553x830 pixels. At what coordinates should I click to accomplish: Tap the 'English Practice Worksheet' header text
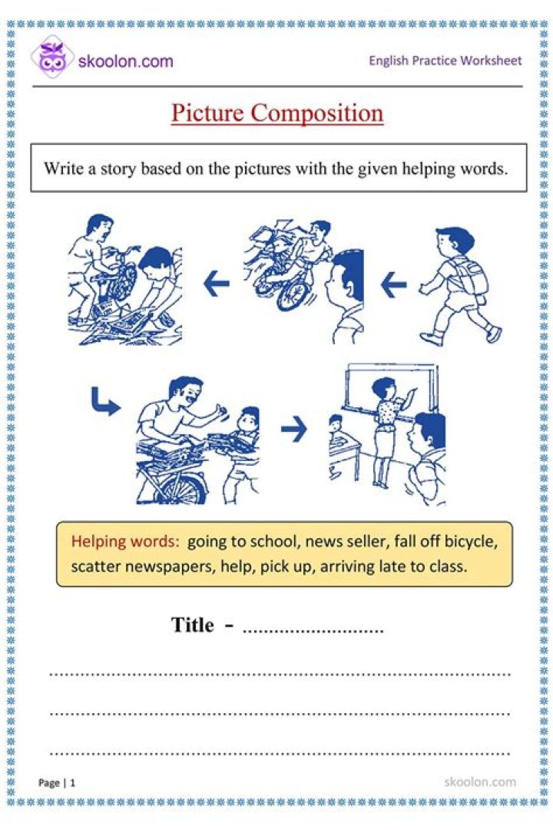click(x=445, y=60)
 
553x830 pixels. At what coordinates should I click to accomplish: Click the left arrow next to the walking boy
click(x=393, y=286)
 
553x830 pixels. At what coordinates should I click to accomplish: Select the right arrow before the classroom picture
click(x=293, y=430)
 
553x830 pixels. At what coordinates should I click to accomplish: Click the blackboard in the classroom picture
click(x=392, y=392)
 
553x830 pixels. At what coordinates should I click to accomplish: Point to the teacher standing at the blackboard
click(x=389, y=430)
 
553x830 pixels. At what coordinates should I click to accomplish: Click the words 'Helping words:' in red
click(x=125, y=541)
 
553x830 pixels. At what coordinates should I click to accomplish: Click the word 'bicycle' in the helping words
click(x=468, y=541)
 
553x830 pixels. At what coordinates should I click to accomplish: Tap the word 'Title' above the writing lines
click(x=192, y=625)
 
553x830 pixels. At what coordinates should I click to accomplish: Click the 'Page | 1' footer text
click(x=58, y=783)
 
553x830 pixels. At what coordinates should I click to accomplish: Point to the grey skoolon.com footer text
click(x=480, y=782)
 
